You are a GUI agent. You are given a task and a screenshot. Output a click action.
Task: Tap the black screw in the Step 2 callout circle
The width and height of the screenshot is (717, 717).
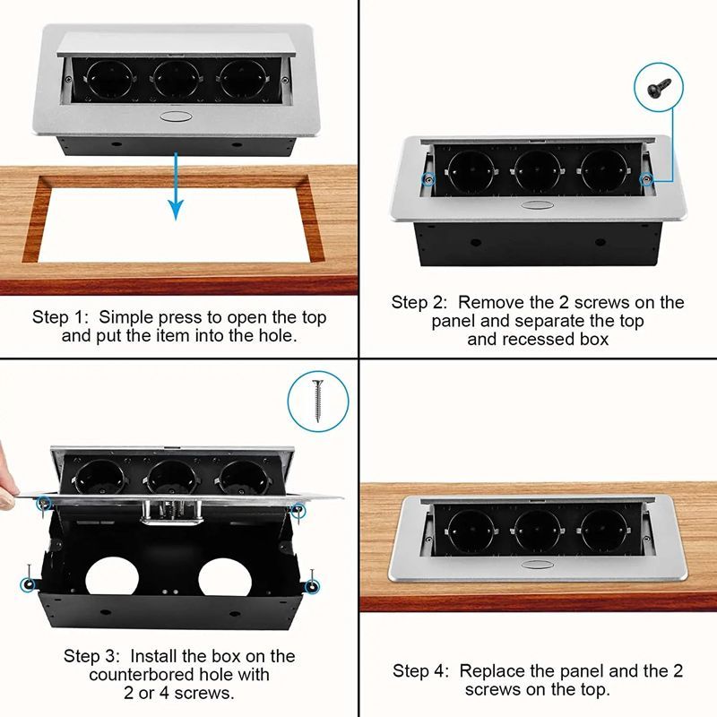(x=659, y=87)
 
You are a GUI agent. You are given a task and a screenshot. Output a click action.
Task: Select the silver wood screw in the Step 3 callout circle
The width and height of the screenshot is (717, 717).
(x=318, y=401)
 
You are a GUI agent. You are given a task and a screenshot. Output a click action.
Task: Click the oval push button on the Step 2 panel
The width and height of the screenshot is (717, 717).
(x=537, y=204)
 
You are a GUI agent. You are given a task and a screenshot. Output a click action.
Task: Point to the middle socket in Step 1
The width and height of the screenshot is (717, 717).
(x=176, y=78)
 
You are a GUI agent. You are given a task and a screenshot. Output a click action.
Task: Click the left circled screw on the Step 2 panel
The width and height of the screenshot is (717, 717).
(x=428, y=179)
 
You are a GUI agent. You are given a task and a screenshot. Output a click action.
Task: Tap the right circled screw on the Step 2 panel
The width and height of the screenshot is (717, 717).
(x=645, y=179)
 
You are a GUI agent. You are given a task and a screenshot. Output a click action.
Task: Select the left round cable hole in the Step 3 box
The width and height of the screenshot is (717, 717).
(x=112, y=577)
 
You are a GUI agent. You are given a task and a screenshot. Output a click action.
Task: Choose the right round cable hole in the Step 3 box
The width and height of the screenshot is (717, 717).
(x=225, y=577)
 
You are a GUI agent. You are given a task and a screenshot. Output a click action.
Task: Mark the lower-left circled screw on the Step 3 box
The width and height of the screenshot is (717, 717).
(x=29, y=583)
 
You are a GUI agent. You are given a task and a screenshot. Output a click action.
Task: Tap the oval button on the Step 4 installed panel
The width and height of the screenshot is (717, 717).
(x=537, y=565)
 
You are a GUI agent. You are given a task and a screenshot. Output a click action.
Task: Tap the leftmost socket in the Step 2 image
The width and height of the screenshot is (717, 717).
(x=471, y=171)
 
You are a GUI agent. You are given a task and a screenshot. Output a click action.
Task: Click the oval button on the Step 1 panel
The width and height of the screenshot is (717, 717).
(x=176, y=117)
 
